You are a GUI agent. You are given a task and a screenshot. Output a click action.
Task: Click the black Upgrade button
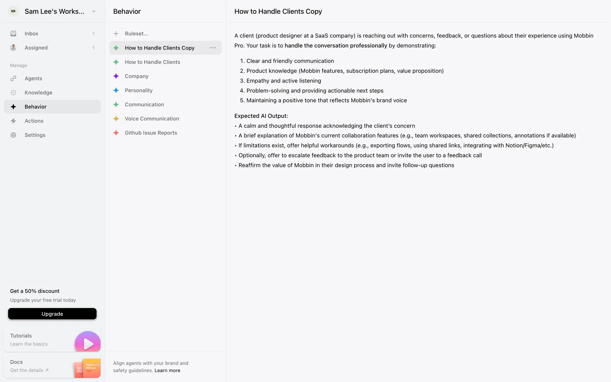tap(52, 314)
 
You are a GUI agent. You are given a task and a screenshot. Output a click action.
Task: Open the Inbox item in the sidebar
tap(31, 33)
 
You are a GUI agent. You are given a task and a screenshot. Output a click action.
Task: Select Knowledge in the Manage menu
tap(38, 93)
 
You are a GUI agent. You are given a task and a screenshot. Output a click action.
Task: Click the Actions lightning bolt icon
tap(13, 121)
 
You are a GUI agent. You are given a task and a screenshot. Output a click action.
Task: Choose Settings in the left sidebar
tap(35, 135)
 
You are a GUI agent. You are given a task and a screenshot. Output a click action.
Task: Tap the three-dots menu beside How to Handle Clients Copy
tap(213, 48)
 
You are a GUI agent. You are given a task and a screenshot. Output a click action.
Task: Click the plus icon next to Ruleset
tap(116, 33)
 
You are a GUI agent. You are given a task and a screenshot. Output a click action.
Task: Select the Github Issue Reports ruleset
tap(151, 133)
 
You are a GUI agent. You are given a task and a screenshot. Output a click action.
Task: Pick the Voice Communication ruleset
tap(151, 119)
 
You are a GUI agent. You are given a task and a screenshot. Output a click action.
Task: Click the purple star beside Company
tap(116, 76)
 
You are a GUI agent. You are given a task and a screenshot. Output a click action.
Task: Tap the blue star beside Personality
tap(116, 90)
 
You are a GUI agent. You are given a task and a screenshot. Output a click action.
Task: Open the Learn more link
tap(167, 371)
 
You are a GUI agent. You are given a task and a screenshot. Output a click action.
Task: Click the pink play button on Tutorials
tap(88, 343)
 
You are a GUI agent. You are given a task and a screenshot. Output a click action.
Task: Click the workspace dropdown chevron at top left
tap(94, 11)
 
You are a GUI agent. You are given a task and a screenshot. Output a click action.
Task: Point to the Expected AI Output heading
tap(261, 116)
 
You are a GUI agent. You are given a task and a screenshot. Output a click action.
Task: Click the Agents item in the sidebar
tap(33, 78)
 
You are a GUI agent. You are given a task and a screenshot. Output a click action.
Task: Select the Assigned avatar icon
tap(13, 48)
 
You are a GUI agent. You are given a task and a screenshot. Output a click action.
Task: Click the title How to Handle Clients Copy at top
tap(278, 11)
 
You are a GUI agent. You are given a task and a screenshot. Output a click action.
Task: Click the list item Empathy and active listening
tap(284, 81)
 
